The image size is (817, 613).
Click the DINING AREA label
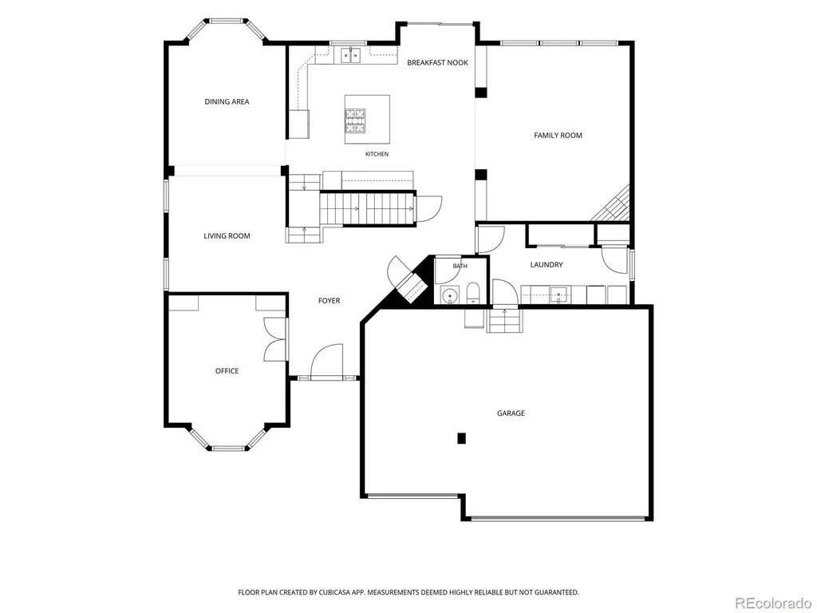tap(227, 101)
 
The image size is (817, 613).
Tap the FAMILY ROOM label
tap(558, 136)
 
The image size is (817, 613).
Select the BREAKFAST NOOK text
tap(438, 62)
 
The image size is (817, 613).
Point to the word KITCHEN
tap(377, 154)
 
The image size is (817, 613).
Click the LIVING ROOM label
tap(227, 236)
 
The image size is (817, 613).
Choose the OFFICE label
tap(227, 371)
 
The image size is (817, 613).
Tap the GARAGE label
tap(511, 413)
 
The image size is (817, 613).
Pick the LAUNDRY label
tap(547, 265)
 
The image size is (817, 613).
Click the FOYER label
tap(330, 301)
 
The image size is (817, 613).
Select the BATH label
tap(460, 267)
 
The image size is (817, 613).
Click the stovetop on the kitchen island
tap(355, 121)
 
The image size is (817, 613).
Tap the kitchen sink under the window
tap(351, 54)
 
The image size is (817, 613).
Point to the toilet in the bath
tap(472, 293)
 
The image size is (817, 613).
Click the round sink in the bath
tap(448, 295)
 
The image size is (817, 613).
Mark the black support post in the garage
tap(461, 438)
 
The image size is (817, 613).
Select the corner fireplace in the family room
tap(616, 205)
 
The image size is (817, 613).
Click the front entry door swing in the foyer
tap(326, 361)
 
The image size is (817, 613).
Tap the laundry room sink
tap(558, 295)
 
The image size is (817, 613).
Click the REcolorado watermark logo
tap(773, 603)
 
